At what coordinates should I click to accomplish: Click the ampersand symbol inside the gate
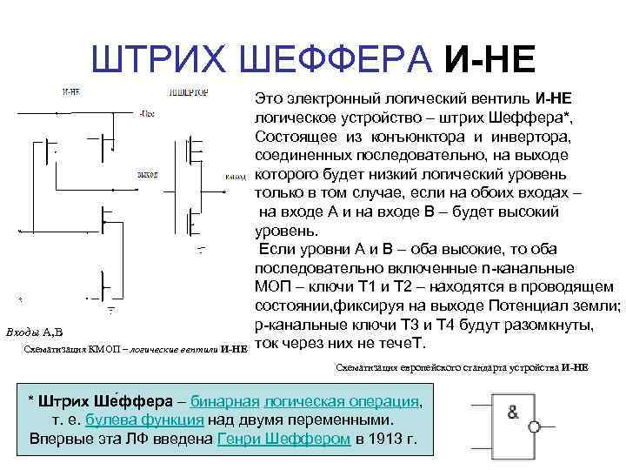coord(513,413)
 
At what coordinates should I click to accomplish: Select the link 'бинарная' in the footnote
coord(226,401)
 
